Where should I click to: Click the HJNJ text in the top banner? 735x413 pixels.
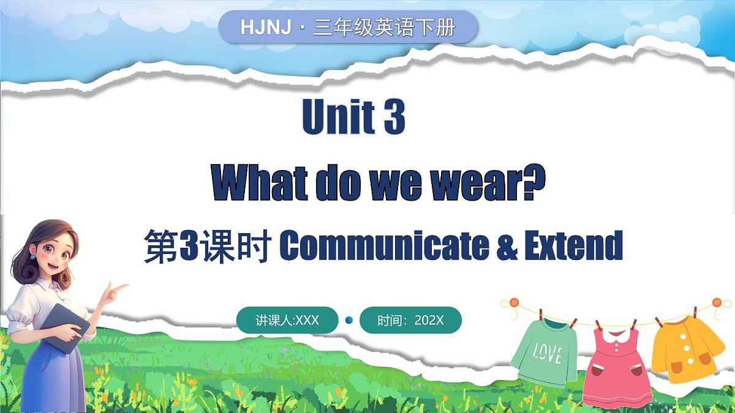(x=265, y=28)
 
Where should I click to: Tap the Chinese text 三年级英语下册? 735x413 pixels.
(x=384, y=28)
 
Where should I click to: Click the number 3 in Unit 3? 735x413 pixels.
(x=394, y=117)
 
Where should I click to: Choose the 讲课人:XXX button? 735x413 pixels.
(x=287, y=320)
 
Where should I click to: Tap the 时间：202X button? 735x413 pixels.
(x=410, y=320)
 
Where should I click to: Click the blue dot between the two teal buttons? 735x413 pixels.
(x=349, y=320)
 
